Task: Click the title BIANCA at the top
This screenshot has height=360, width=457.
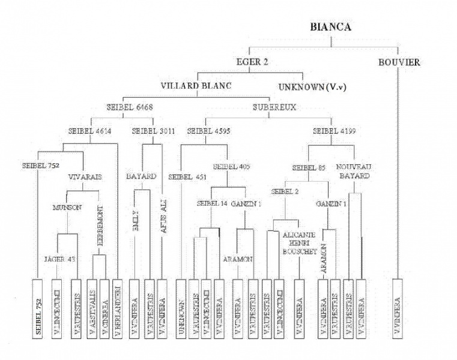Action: [x=330, y=27]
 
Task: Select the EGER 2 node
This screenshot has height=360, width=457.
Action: [x=253, y=62]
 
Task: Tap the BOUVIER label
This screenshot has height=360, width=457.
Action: [x=399, y=62]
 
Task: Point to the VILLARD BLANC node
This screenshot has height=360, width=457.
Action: [x=196, y=86]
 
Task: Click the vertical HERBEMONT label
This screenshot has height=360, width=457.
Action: [x=98, y=224]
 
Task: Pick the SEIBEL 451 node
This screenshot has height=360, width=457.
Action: [x=187, y=177]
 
